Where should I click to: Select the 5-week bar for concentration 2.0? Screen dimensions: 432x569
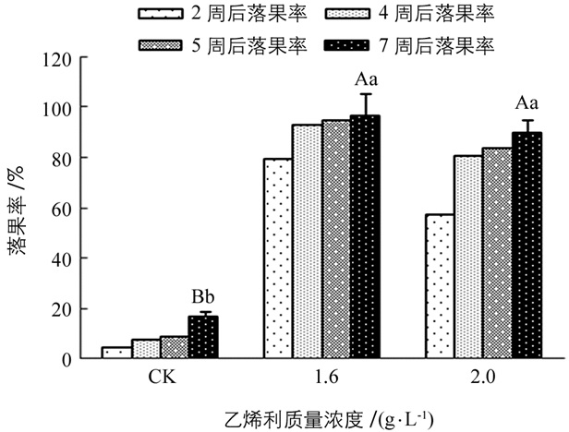[497, 254]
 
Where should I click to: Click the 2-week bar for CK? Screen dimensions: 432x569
[115, 353]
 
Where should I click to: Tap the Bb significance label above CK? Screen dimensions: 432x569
[202, 297]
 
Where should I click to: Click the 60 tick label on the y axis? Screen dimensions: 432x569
[63, 209]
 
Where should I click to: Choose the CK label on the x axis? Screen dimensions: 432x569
[159, 378]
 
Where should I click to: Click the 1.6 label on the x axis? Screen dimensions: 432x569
[321, 378]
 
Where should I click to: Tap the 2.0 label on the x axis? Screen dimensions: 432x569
[483, 378]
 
